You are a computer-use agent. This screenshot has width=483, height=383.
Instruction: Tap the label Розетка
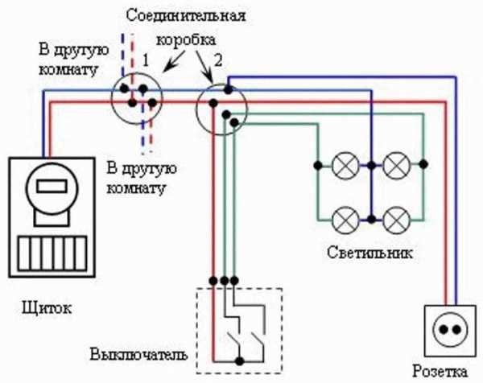click(x=440, y=371)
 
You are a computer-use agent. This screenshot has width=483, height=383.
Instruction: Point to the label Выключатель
click(x=139, y=354)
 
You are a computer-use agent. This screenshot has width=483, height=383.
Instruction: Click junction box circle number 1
click(x=137, y=98)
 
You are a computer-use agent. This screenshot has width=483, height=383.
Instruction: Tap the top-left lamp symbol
click(x=345, y=166)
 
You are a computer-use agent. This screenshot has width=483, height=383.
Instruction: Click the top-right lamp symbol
click(x=395, y=166)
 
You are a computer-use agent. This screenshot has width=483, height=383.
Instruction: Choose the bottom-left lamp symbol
click(x=345, y=217)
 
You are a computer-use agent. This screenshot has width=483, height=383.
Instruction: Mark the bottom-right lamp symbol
click(x=395, y=217)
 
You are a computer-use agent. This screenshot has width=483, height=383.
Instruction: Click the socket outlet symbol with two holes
click(x=446, y=331)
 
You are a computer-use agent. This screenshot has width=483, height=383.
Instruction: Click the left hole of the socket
click(x=440, y=332)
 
